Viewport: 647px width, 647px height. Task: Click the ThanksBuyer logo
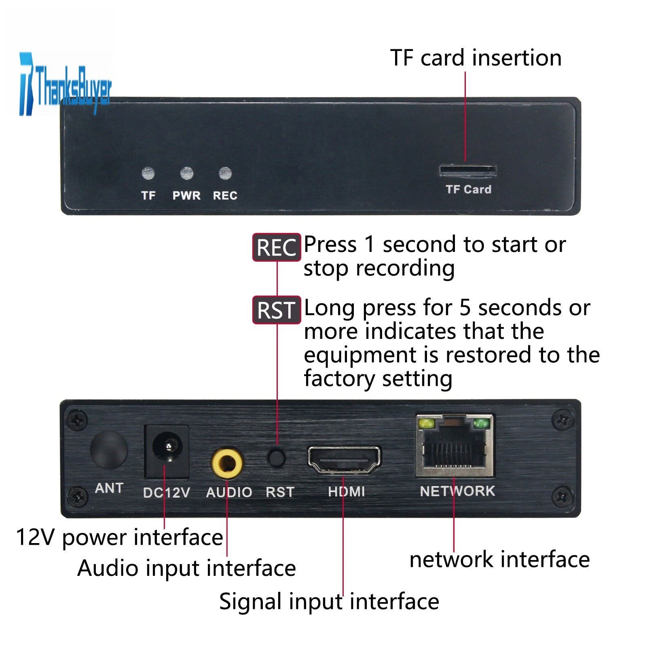point(65,84)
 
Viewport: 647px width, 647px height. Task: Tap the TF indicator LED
point(148,173)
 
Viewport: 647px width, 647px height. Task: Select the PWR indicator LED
point(186,173)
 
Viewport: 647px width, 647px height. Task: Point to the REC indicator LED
point(225,173)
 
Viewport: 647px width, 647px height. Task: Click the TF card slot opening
point(468,171)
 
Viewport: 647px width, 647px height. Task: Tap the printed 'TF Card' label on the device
point(468,189)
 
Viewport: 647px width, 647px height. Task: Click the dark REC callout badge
point(277,247)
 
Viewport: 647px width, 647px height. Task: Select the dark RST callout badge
point(277,310)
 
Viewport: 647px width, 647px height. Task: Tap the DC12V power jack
point(167,451)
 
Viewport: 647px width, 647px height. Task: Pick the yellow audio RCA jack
point(227,463)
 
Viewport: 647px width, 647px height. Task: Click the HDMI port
point(344,460)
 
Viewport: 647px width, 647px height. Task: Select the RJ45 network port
point(455,446)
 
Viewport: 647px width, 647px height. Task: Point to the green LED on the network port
point(481,423)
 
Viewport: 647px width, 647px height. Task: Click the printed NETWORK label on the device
point(457,491)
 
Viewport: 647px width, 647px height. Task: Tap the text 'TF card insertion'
point(476,58)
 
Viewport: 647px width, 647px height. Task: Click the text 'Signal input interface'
point(329,602)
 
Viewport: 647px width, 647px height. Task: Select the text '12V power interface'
point(120,537)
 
